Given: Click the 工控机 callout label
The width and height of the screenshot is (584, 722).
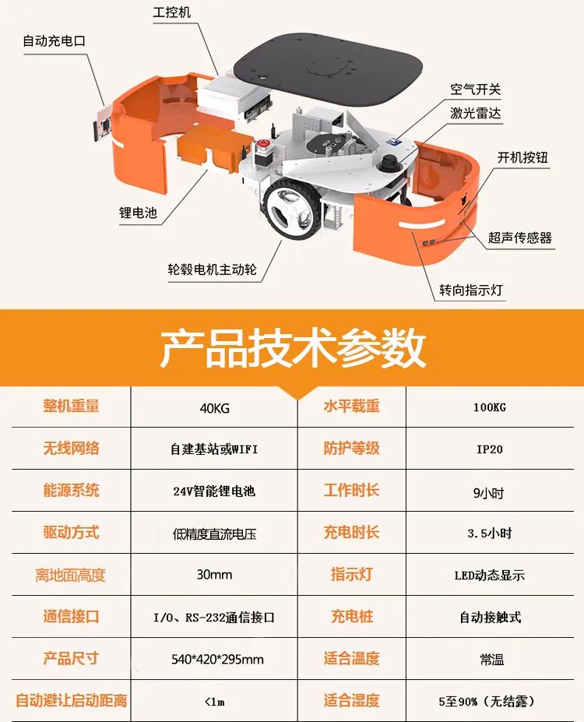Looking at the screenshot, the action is (x=171, y=12).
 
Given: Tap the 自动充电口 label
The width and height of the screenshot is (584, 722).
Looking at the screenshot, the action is (x=55, y=41).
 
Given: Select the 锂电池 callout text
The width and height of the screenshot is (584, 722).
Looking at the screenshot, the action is (x=138, y=213).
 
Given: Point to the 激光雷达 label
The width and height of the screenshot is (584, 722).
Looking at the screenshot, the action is (x=476, y=113).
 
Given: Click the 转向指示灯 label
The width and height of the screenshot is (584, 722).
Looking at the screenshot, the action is (x=471, y=290).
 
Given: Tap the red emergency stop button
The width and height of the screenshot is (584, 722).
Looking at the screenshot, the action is (x=263, y=144).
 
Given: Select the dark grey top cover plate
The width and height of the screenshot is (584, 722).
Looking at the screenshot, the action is (x=328, y=68).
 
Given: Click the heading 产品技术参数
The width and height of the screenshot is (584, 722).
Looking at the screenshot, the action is (x=292, y=348).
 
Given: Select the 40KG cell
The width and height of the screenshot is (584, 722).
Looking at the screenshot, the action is (x=214, y=408).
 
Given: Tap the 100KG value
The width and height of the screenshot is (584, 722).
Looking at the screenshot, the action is (x=490, y=407).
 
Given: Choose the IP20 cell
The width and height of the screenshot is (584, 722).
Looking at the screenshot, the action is (x=490, y=449).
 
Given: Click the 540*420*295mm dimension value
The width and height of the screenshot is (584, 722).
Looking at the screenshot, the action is (x=217, y=660).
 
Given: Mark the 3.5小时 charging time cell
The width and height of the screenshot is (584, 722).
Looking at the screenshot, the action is (x=490, y=534).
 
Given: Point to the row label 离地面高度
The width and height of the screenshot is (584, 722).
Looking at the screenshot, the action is (x=70, y=575).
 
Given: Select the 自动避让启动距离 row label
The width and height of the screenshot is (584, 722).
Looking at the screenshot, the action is (x=72, y=700).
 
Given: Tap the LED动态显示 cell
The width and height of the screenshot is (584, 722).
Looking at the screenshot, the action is (x=490, y=575).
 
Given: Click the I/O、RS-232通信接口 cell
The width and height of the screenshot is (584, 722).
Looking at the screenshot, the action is (x=214, y=617).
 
